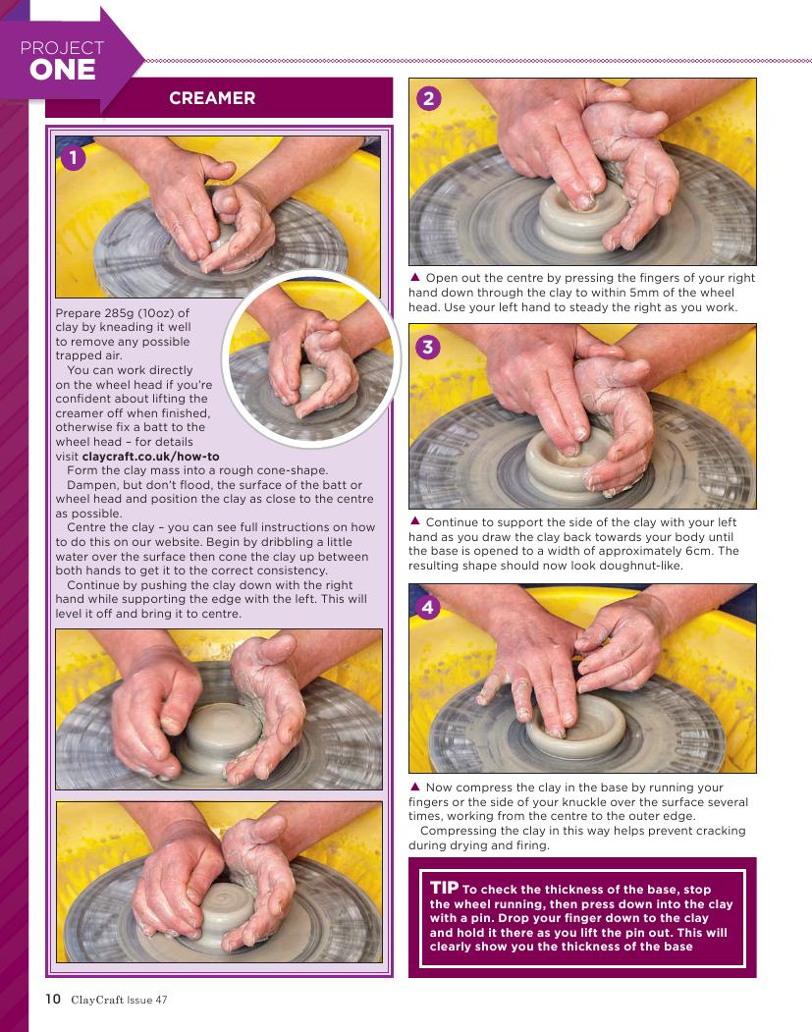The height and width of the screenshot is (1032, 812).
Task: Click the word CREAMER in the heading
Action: click(x=212, y=98)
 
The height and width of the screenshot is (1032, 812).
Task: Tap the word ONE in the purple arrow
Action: click(x=63, y=70)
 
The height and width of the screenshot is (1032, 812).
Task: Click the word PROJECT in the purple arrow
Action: click(x=62, y=48)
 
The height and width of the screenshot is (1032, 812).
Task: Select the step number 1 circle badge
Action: click(x=73, y=157)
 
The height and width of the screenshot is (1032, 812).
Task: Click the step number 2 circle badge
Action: click(x=428, y=99)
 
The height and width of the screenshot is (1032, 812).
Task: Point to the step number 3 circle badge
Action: click(x=428, y=347)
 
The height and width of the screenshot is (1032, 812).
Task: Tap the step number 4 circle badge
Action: click(x=428, y=607)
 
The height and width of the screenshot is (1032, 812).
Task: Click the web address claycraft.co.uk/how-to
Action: click(x=150, y=457)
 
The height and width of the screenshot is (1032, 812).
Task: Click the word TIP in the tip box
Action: click(x=444, y=888)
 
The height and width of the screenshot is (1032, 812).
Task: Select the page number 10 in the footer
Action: click(x=53, y=999)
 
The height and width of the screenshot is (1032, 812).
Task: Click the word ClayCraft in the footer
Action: click(x=97, y=1000)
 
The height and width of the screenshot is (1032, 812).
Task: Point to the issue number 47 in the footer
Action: click(x=161, y=1000)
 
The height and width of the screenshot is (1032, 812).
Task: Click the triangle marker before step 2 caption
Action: click(x=414, y=277)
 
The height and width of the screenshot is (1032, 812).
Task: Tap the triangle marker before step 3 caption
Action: click(x=414, y=520)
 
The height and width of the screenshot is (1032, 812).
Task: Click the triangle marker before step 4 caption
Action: click(x=414, y=786)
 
